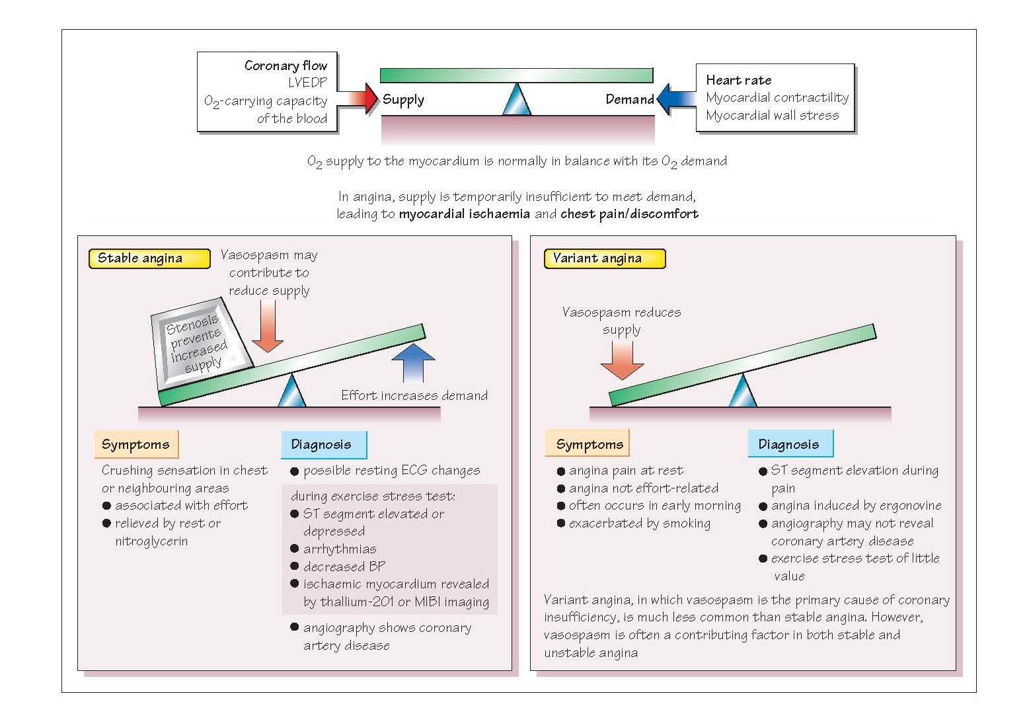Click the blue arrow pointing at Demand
point(676,98)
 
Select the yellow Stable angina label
point(149,258)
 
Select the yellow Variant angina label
point(605,258)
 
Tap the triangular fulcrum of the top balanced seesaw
point(517,100)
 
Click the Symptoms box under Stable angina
point(136,444)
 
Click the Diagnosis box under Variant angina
point(790,444)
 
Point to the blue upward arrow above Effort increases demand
point(413,364)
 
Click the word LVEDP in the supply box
point(307,83)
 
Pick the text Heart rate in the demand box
point(739,81)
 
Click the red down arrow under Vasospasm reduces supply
point(622,360)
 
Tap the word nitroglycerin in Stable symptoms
point(151,542)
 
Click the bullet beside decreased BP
point(295,566)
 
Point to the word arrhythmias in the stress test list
point(340,549)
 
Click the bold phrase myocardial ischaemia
point(464,214)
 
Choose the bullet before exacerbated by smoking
point(561,523)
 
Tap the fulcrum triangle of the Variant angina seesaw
point(742,391)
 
